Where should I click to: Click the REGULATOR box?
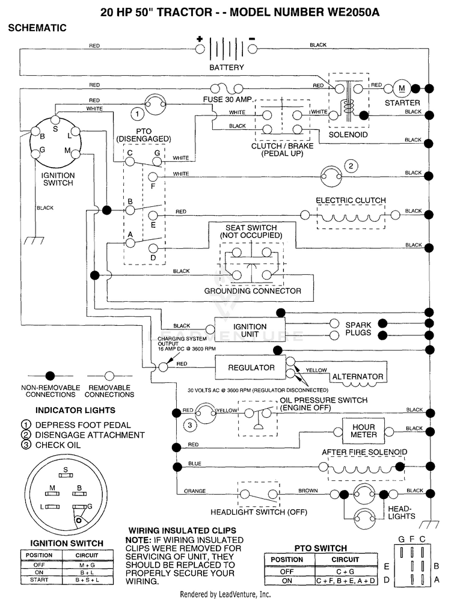pyautogui.click(x=250, y=368)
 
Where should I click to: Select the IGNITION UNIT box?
pyautogui.click(x=250, y=330)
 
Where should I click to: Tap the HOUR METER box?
pyautogui.click(x=363, y=431)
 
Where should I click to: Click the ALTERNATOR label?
pyautogui.click(x=358, y=376)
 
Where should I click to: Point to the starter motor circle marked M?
pyautogui.click(x=402, y=88)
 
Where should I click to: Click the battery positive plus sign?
pyautogui.click(x=200, y=38)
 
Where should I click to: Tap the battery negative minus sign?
pyautogui.click(x=252, y=38)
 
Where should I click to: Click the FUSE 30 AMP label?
pyautogui.click(x=228, y=99)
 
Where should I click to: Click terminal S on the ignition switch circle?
pyautogui.click(x=56, y=119)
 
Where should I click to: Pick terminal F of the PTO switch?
pyautogui.click(x=153, y=177)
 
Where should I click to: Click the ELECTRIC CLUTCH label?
pyautogui.click(x=351, y=200)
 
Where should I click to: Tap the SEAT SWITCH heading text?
pyautogui.click(x=251, y=228)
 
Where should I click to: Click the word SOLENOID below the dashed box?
pyautogui.click(x=348, y=135)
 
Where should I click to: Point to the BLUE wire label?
pyautogui.click(x=194, y=464)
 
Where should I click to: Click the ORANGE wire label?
pyautogui.click(x=195, y=491)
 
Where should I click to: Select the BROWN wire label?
pyautogui.click(x=308, y=490)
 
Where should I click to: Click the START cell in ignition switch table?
pyautogui.click(x=39, y=580)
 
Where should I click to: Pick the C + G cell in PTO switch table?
pyautogui.click(x=345, y=571)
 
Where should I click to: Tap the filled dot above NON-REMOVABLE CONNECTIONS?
pyautogui.click(x=50, y=376)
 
